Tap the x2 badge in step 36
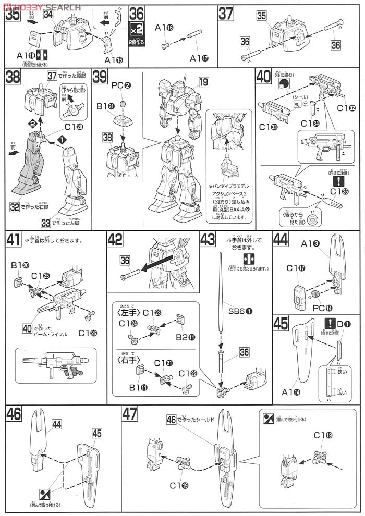[136, 28]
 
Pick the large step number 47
[130, 415]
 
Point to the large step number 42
[116, 239]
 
